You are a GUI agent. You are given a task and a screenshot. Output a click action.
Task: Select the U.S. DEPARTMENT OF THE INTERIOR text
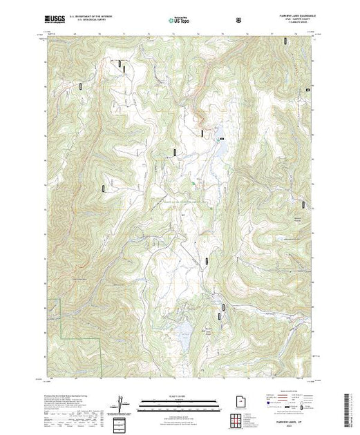click(x=86, y=18)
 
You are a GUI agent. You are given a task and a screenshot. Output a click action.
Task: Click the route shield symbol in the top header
click(x=239, y=20)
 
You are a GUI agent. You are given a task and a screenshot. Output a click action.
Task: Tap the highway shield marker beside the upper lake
click(x=222, y=139)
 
